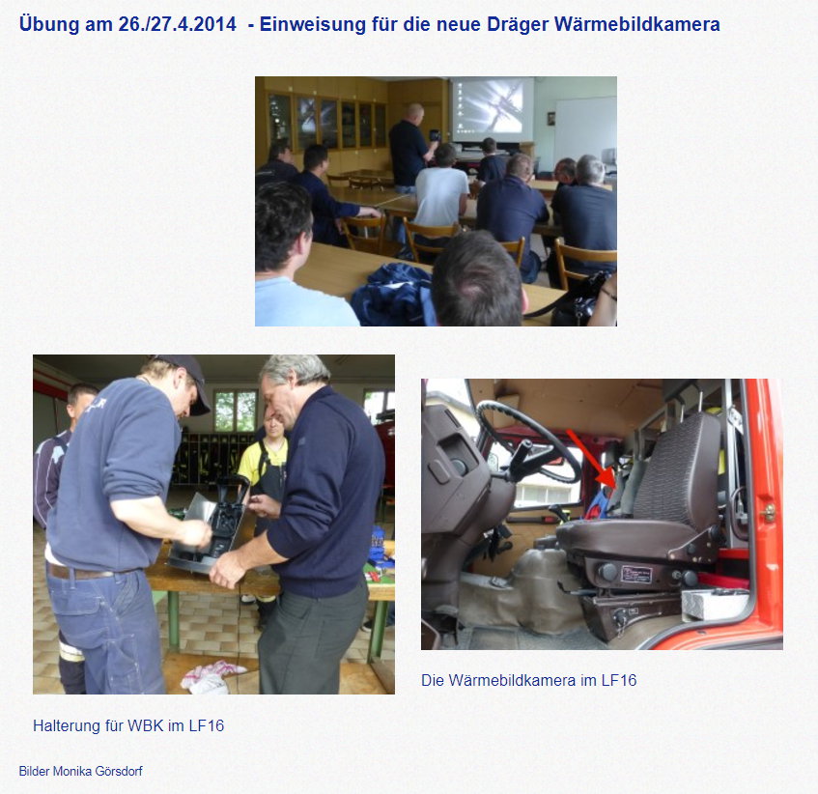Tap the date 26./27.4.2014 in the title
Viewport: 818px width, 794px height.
pos(178,24)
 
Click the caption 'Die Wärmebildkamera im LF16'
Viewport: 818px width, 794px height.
pos(529,680)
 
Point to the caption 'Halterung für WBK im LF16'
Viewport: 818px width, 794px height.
pos(128,725)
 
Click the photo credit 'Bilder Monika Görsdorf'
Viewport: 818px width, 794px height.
pos(80,771)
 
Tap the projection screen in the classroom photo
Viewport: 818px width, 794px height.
pos(492,110)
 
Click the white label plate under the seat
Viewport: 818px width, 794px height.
pos(635,575)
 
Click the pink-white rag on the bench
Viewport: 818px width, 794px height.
pos(212,676)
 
